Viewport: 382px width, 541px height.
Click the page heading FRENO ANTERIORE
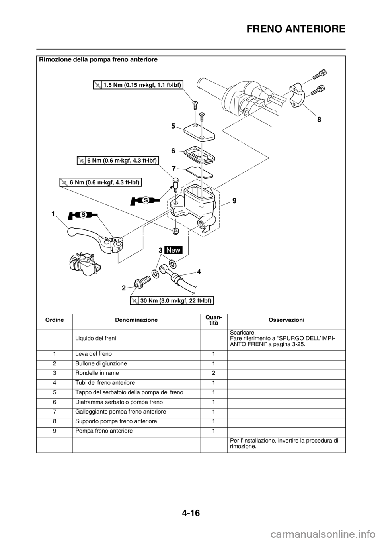click(296, 29)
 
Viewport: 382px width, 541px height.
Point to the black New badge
click(173, 250)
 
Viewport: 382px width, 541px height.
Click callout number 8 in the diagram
click(319, 120)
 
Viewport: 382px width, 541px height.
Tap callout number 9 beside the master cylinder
click(234, 201)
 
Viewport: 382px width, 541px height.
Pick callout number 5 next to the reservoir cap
click(173, 126)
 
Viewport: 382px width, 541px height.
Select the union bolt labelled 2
click(143, 282)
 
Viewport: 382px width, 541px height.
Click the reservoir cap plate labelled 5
click(200, 132)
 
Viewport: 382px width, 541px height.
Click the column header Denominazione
click(136, 320)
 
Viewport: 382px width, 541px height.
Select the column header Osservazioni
click(286, 320)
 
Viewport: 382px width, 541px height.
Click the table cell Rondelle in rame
click(97, 373)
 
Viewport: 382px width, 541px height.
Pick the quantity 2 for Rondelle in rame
click(213, 373)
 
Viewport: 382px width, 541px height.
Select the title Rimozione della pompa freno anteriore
click(98, 60)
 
